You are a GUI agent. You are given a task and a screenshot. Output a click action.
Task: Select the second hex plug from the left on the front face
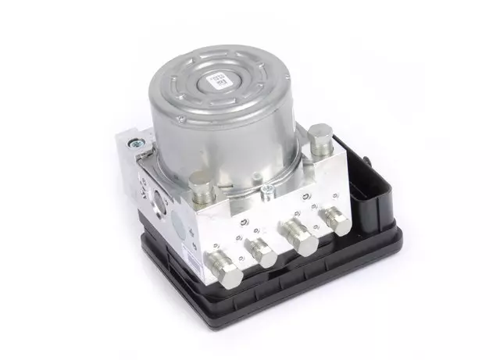pyautogui.click(x=260, y=251)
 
